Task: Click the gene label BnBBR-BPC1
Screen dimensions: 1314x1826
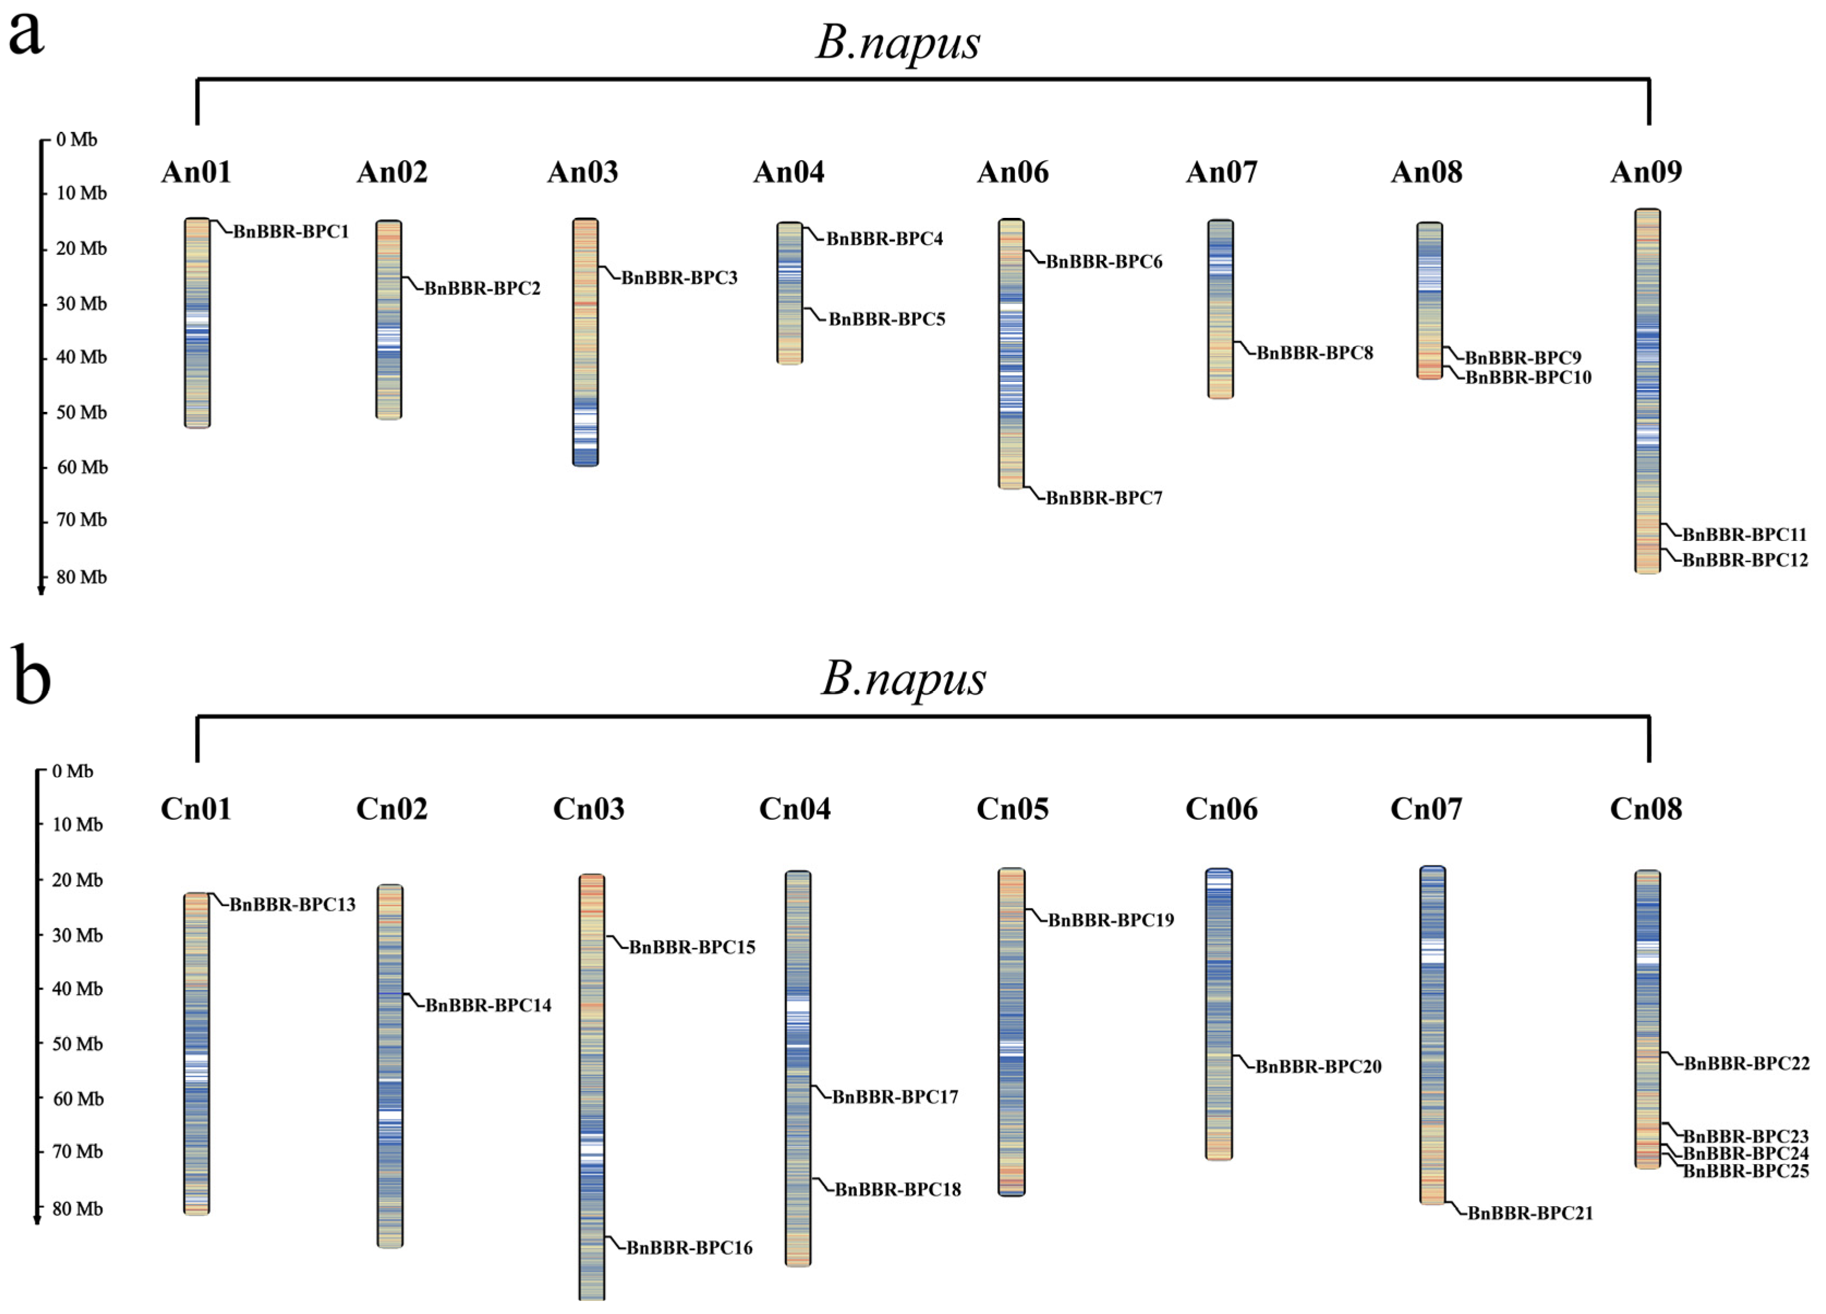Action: point(291,232)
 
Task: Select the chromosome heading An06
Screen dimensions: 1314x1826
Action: point(1012,172)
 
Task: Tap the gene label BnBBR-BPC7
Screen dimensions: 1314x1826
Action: point(1103,498)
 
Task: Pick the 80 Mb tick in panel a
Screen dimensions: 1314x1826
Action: point(81,577)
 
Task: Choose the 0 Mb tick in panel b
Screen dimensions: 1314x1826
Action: point(72,771)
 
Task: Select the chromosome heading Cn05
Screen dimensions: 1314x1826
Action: point(1012,809)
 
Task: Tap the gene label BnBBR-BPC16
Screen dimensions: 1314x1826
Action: point(689,1248)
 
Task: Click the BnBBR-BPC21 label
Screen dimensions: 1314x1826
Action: point(1530,1213)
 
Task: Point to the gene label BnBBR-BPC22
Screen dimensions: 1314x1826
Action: point(1746,1064)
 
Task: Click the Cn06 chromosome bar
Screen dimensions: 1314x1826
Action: point(1219,1014)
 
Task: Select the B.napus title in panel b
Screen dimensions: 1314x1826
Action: point(903,679)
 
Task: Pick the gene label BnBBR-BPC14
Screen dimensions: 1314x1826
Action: point(488,1006)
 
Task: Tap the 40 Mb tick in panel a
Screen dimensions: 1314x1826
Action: point(81,357)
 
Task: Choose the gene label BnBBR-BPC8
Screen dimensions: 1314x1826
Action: point(1314,352)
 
